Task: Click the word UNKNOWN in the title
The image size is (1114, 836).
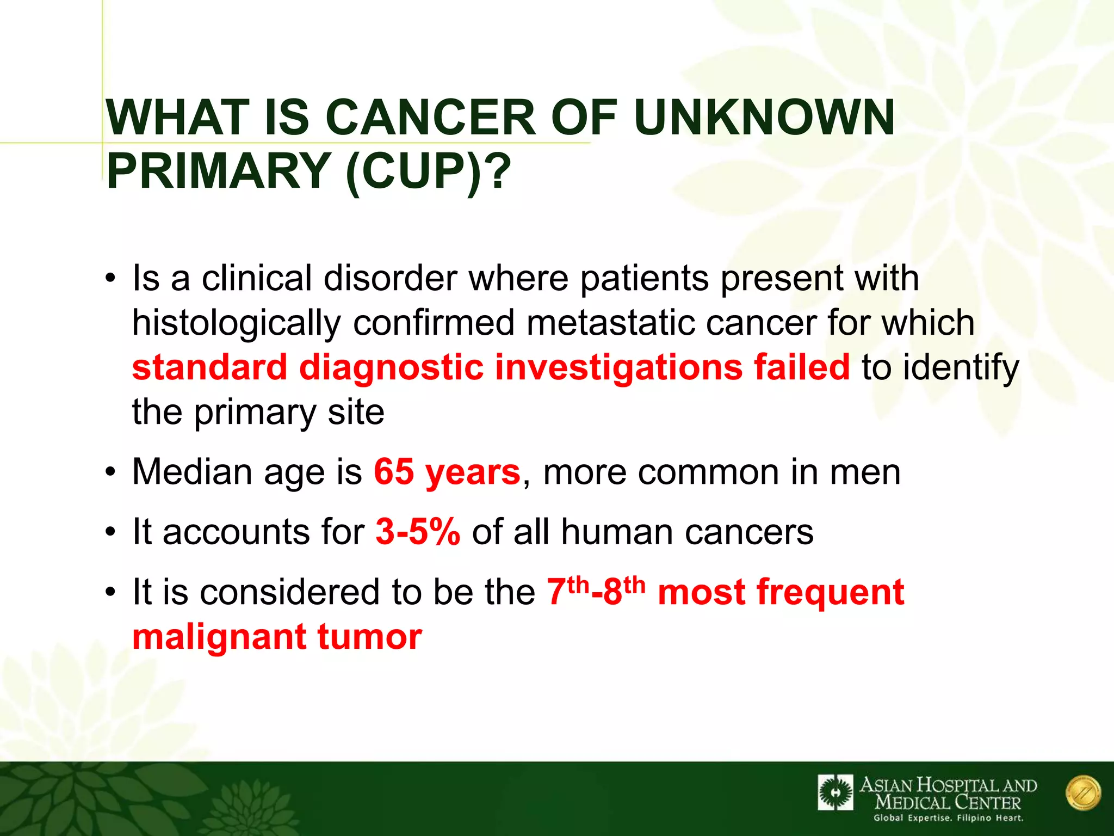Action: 764,118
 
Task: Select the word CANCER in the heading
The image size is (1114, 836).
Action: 432,118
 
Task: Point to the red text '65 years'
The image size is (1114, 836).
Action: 447,471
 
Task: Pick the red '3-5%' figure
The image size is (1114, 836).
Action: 418,532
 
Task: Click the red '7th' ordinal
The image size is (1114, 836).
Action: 567,592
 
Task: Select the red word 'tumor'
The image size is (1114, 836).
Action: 369,636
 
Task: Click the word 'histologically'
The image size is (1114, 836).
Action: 236,323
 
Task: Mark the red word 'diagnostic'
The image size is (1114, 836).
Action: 391,367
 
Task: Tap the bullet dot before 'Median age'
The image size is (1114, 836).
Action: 111,471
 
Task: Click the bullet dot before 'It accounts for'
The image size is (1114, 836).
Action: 111,532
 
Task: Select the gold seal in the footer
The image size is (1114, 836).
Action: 1083,793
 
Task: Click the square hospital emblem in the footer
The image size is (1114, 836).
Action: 835,793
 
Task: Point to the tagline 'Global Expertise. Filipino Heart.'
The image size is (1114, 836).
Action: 948,818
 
